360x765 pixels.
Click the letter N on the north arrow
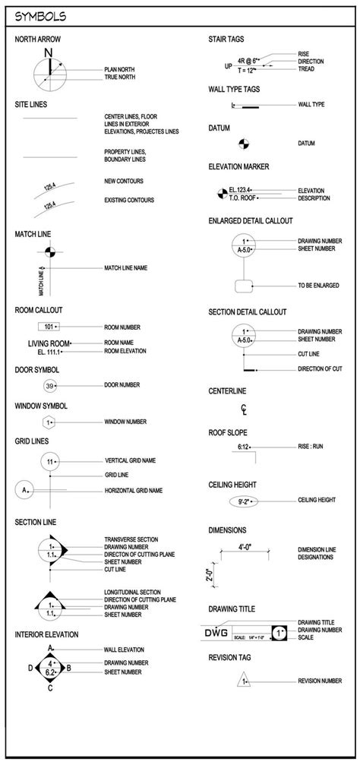point(49,52)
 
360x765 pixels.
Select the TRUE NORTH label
point(119,77)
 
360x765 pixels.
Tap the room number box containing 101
point(49,327)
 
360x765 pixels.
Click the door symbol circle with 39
point(49,385)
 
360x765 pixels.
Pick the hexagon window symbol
point(49,422)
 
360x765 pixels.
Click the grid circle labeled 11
point(50,461)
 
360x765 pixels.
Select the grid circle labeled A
point(26,490)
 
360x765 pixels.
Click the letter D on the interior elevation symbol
point(30,668)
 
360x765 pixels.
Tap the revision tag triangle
point(245,681)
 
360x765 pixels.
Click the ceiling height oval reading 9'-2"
point(245,501)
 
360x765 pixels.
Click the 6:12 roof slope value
point(245,446)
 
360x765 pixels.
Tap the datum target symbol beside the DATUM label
point(244,143)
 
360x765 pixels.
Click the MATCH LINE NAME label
point(131,268)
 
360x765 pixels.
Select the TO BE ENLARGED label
point(318,285)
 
